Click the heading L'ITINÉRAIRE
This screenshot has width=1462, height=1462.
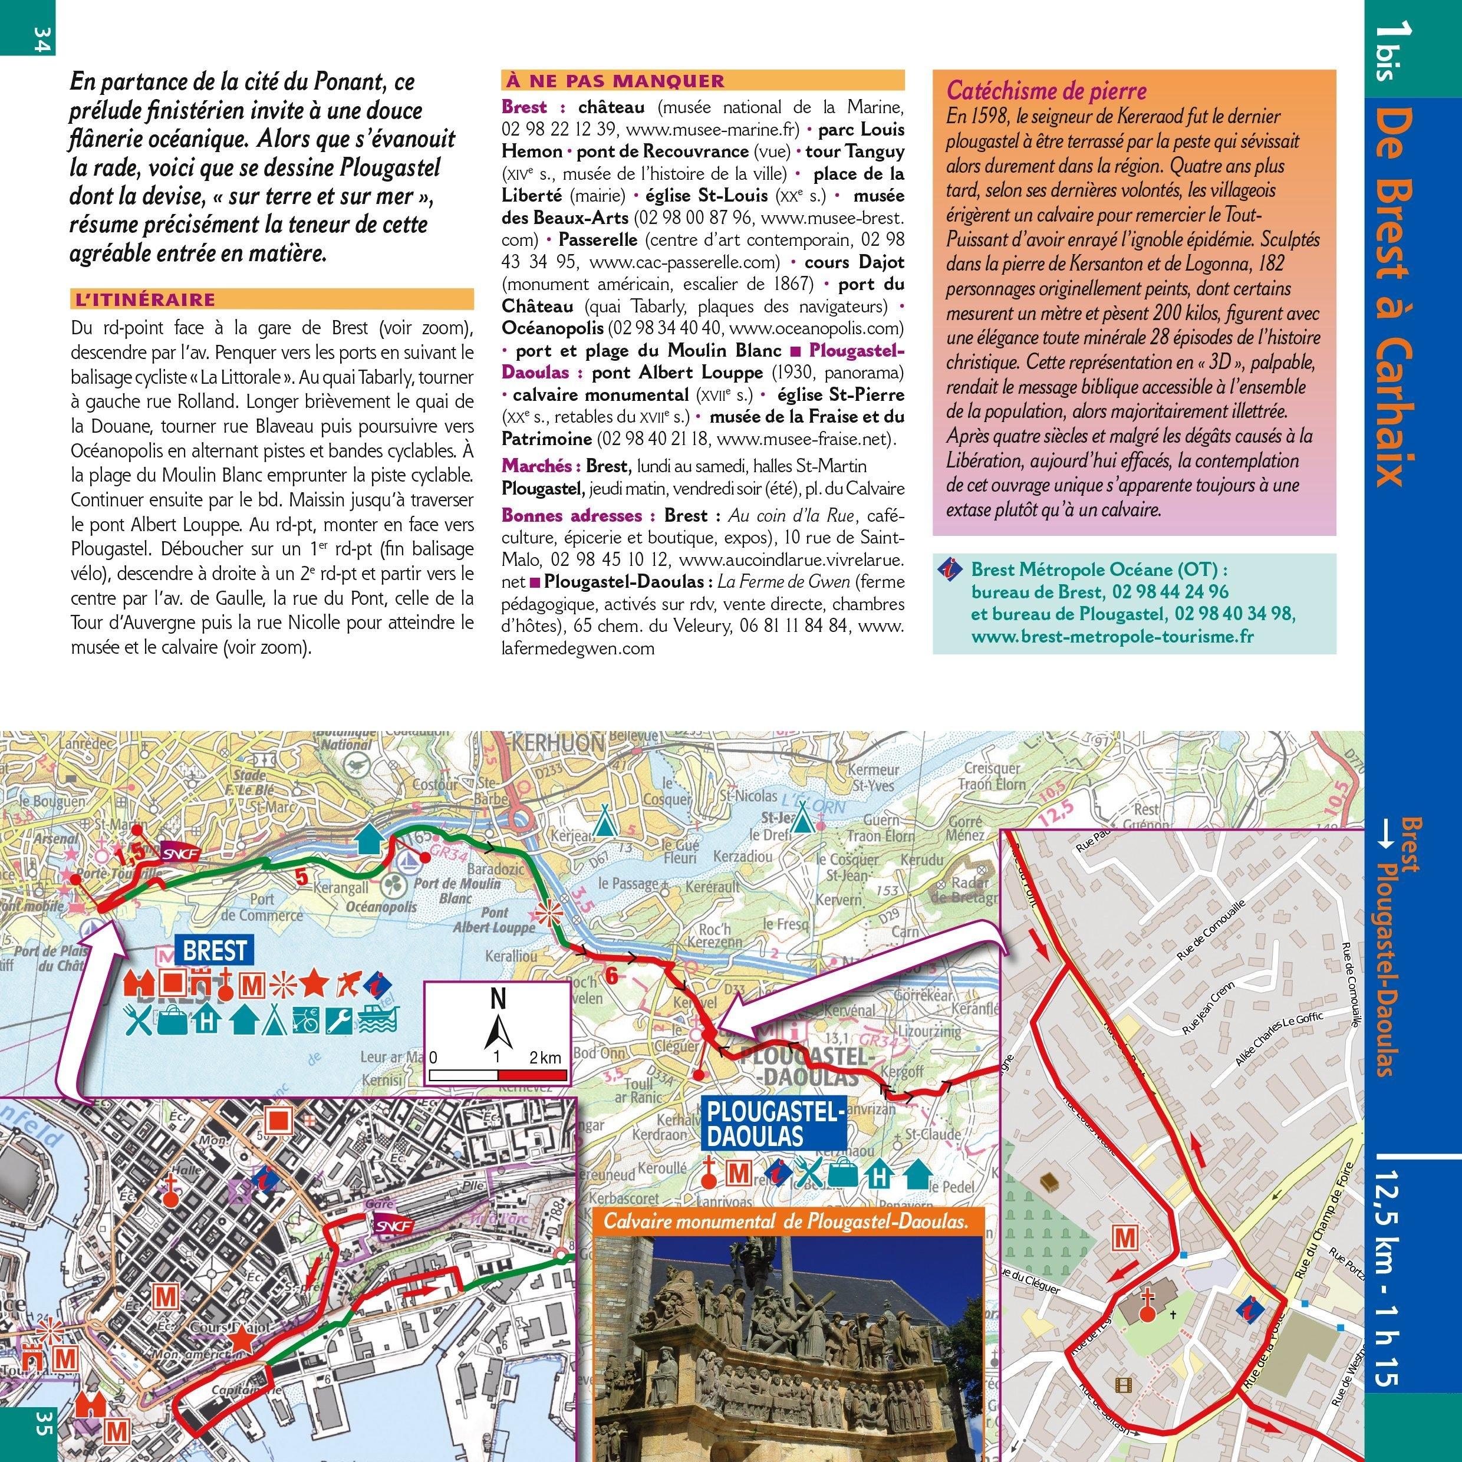click(x=144, y=299)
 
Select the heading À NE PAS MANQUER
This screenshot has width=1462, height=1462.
click(x=613, y=81)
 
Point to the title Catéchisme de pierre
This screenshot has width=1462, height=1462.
click(x=1046, y=91)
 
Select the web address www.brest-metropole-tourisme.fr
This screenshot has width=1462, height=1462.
click(x=1112, y=635)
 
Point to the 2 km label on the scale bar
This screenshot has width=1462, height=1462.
click(x=546, y=1058)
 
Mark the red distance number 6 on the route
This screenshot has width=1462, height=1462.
click(x=611, y=976)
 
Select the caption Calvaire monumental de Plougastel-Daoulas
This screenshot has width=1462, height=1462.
click(x=787, y=1221)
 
